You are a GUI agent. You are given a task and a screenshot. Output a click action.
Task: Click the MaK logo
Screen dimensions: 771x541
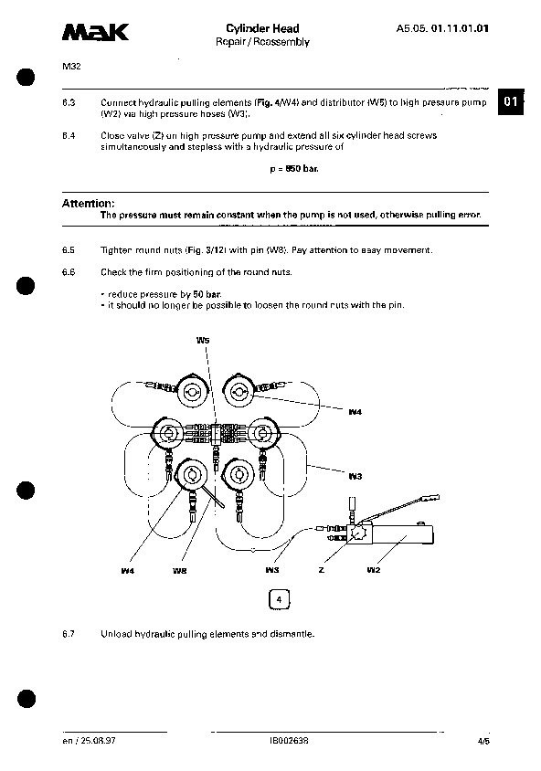[x=96, y=34]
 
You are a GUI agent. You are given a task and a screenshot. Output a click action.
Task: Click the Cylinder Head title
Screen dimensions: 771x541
[x=262, y=29]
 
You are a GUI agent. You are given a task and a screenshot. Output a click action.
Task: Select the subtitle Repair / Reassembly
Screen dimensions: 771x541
[x=262, y=42]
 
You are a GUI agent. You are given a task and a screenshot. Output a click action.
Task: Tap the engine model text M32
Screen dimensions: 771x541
[x=70, y=67]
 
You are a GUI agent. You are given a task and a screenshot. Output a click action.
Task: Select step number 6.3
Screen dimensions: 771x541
[x=68, y=103]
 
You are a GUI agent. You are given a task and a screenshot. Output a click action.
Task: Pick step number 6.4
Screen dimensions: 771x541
[x=68, y=135]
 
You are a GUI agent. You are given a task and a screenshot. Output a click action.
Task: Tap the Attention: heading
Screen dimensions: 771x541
[x=88, y=203]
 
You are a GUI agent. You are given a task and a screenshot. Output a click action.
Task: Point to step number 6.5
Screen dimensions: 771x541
[x=68, y=250]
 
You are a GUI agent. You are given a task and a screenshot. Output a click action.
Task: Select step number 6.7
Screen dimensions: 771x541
[x=68, y=632]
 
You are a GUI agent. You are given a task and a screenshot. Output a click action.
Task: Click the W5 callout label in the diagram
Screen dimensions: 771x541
[x=203, y=339]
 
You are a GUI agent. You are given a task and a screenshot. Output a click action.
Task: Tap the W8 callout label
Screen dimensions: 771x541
[x=179, y=570]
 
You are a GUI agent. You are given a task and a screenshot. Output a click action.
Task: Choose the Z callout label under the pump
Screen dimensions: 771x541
[x=321, y=569]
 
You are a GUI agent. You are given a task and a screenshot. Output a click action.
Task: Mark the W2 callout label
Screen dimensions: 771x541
[x=373, y=569]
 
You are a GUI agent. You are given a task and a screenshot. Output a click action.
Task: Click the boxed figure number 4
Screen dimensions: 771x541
[x=279, y=599]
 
